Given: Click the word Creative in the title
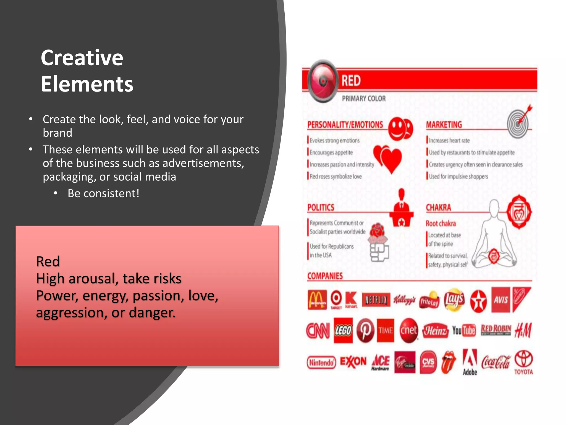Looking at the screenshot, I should coord(82,58).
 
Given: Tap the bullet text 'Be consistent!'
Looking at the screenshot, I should coord(103,193).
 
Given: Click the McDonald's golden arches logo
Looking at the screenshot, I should coord(317,300).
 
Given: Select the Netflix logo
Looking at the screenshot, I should coord(376,300).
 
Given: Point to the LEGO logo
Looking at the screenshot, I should coord(343,330).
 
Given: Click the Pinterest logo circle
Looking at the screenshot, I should coord(365,330).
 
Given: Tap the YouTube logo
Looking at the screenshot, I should coord(463,330).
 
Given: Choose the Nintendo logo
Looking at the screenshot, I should coord(321,362).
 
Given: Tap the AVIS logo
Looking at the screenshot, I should coord(501,300).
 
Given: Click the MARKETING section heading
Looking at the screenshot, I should coord(444,125).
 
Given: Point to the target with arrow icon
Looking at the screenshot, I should coord(519,122).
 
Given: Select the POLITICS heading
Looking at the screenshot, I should coord(321,208).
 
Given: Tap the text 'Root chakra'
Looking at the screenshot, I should coord(441,223).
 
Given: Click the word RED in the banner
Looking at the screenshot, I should coord(351,81).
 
